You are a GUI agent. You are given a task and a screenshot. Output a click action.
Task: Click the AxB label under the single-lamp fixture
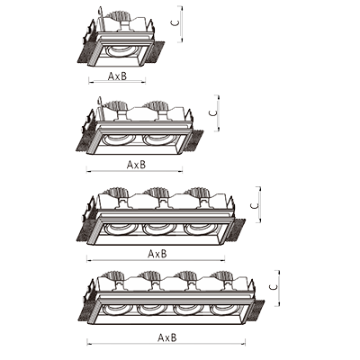coord(117,76)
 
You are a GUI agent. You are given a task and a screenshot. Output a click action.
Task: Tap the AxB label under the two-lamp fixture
coord(136,165)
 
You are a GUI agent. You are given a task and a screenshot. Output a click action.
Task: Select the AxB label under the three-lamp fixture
coord(157,254)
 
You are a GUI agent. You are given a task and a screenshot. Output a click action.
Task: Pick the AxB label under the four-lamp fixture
coord(167,337)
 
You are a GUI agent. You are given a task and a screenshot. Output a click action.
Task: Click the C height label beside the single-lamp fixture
coord(175,22)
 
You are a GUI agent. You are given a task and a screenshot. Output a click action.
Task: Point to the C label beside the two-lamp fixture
coord(212,112)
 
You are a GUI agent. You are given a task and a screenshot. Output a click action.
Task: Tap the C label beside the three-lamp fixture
coord(254,205)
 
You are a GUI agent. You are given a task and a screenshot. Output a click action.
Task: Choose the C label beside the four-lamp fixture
coord(273,287)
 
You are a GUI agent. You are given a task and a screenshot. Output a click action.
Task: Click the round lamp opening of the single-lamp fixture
coord(120,51)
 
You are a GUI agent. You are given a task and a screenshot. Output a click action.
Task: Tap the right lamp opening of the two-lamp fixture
coord(157,139)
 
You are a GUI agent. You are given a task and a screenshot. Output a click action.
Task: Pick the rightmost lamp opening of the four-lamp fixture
coord(224,310)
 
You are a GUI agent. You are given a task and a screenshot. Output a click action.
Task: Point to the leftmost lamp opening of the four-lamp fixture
coord(115,310)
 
